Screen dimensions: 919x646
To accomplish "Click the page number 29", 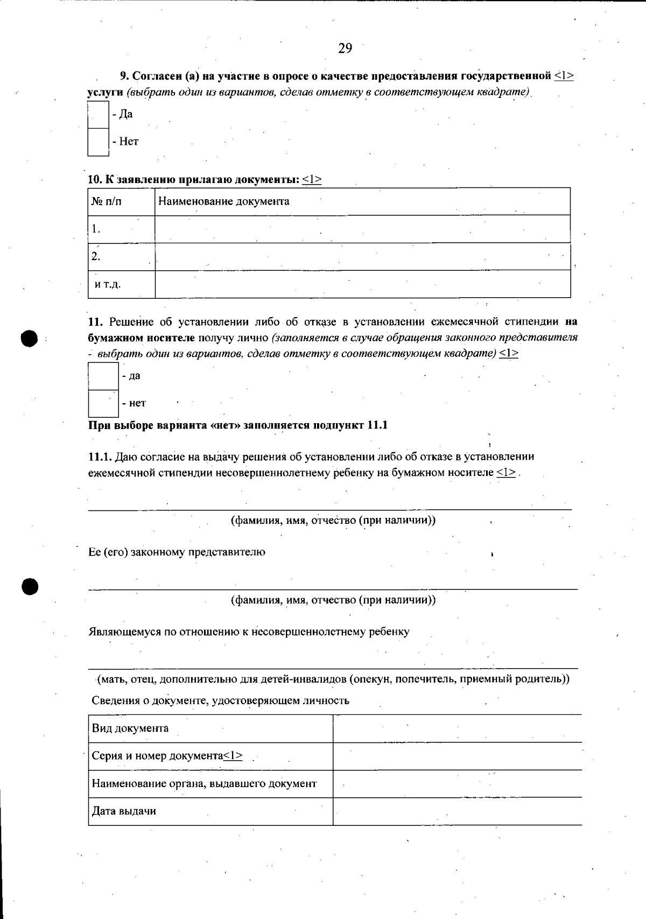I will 345,48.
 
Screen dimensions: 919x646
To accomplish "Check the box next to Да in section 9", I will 98,114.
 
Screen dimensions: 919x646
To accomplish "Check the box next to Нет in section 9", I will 98,142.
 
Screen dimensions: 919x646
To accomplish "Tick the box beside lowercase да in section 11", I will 103,376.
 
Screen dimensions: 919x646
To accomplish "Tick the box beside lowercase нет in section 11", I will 103,403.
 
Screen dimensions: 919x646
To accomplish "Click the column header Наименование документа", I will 224,201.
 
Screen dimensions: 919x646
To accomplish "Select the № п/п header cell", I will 107,201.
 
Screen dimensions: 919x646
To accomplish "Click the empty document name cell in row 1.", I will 362,229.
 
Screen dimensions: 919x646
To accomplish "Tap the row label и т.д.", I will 108,284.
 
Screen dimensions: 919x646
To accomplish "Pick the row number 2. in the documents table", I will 96,256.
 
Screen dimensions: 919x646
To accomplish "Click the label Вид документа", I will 130,728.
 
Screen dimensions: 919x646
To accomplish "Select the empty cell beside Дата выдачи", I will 457,811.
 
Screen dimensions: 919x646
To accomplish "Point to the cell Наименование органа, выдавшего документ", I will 205,784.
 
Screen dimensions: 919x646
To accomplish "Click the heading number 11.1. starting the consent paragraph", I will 100,457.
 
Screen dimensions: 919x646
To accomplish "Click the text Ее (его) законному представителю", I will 177,552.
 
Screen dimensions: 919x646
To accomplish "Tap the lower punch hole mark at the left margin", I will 31,586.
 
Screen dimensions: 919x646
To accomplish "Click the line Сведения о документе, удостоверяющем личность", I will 220,700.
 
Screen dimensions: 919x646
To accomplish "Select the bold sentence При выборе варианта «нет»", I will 237,425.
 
